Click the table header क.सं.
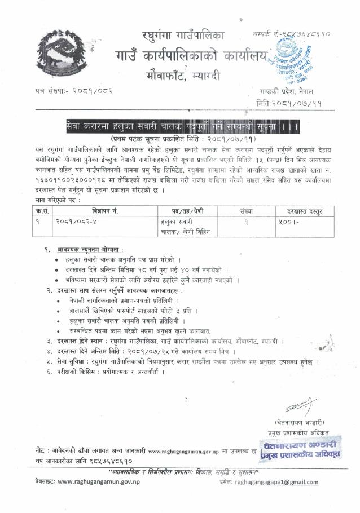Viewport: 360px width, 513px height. tap(39, 211)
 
